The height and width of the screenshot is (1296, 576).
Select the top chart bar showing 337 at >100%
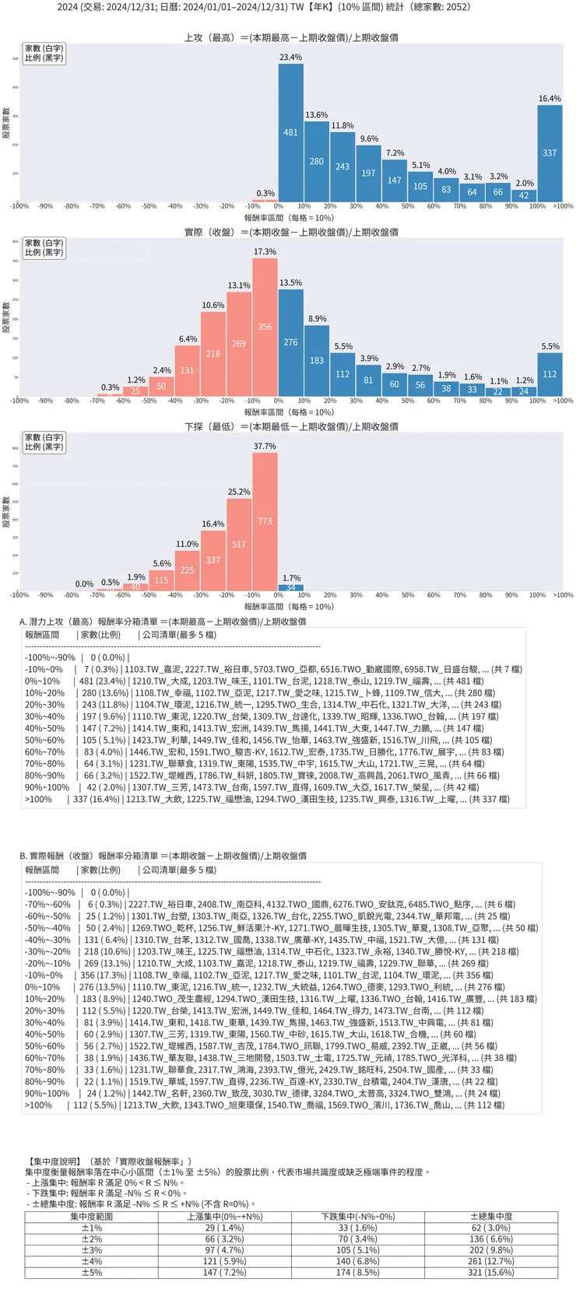(550, 154)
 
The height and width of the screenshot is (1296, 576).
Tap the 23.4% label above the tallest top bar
(291, 58)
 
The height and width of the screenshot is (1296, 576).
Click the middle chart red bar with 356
(265, 328)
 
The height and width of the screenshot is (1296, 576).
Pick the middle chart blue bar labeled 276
(291, 342)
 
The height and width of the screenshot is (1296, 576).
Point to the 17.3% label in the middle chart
(265, 252)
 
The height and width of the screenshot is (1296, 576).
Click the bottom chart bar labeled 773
(265, 521)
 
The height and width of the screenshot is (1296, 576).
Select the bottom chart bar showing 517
(239, 545)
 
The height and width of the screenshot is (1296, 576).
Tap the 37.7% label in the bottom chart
(265, 447)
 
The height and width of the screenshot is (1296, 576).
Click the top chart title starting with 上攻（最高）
(291, 37)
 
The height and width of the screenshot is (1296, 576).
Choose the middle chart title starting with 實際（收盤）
(291, 232)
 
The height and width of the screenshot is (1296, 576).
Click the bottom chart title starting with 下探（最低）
(291, 426)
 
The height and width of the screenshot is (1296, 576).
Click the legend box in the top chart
(44, 53)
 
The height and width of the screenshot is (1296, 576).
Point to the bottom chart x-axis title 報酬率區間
(289, 607)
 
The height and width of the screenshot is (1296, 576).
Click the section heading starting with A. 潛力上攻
(163, 622)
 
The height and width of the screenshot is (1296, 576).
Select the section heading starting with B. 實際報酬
(163, 856)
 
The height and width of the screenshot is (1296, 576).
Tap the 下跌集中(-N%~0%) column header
(358, 1216)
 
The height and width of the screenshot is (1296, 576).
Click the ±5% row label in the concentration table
(92, 1273)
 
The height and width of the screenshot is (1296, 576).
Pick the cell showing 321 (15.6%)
(491, 1273)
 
